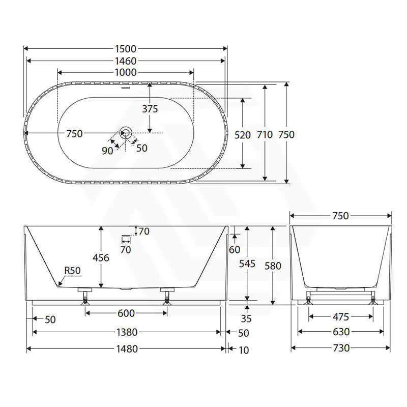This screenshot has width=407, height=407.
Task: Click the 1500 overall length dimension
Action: pos(126,49)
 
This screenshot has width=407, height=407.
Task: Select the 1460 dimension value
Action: pos(126,61)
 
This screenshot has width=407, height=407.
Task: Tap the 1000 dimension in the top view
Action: pos(126,72)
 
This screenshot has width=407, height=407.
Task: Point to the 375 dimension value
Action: pos(150,109)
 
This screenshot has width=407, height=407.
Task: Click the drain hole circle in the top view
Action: pos(126,133)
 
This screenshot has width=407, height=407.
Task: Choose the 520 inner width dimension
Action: pos(243,135)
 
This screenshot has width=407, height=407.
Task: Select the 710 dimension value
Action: pos(265,134)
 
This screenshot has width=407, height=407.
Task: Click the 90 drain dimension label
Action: pos(107,151)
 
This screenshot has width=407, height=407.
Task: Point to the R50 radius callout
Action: pos(72,271)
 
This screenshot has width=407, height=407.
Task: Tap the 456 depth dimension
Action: pos(101,258)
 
